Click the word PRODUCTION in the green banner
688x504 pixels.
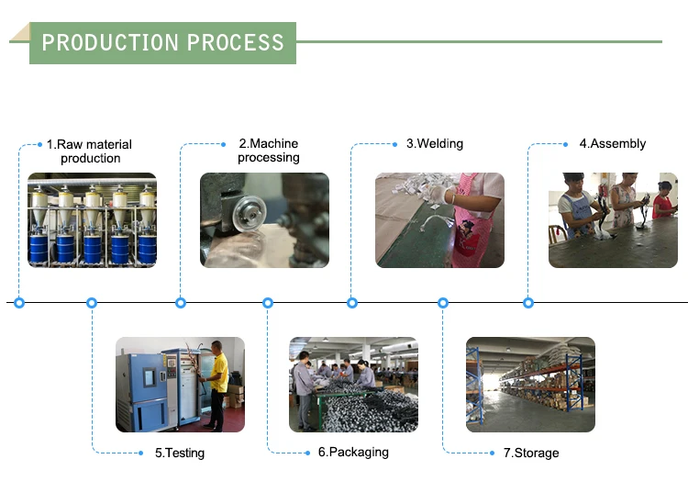(110, 42)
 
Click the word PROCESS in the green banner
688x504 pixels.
(236, 42)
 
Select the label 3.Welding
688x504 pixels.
(435, 143)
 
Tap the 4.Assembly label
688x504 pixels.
(613, 143)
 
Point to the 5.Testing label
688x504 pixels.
(180, 453)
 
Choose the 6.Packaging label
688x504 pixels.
(353, 453)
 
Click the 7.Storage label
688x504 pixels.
(531, 453)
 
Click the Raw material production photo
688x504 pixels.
(92, 220)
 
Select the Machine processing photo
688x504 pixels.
(264, 220)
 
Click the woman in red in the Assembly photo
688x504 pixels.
(663, 201)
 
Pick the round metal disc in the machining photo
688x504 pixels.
(250, 214)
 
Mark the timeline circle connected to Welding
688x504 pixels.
(352, 303)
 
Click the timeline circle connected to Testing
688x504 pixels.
(92, 303)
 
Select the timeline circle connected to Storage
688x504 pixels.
(443, 303)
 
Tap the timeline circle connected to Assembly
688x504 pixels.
(528, 303)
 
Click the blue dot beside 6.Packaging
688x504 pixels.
(307, 453)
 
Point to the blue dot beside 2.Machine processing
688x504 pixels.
(223, 144)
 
